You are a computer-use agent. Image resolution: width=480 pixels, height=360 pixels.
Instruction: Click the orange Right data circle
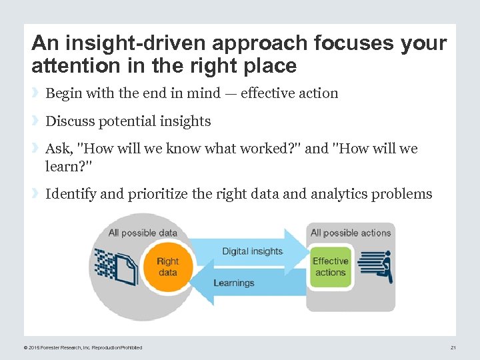click(168, 267)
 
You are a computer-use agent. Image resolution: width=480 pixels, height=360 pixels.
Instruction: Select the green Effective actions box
click(330, 267)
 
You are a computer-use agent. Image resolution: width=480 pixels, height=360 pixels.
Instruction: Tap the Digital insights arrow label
click(252, 251)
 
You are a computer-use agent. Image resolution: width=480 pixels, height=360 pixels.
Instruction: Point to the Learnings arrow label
click(233, 283)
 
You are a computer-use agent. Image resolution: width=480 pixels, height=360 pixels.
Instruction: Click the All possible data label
click(143, 233)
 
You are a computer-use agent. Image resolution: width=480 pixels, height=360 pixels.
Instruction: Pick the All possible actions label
click(351, 233)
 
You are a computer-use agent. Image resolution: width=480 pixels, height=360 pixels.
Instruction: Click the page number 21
click(453, 347)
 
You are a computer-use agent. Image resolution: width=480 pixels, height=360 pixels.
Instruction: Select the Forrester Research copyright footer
click(83, 347)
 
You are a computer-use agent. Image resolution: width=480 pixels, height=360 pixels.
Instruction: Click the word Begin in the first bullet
click(64, 93)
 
